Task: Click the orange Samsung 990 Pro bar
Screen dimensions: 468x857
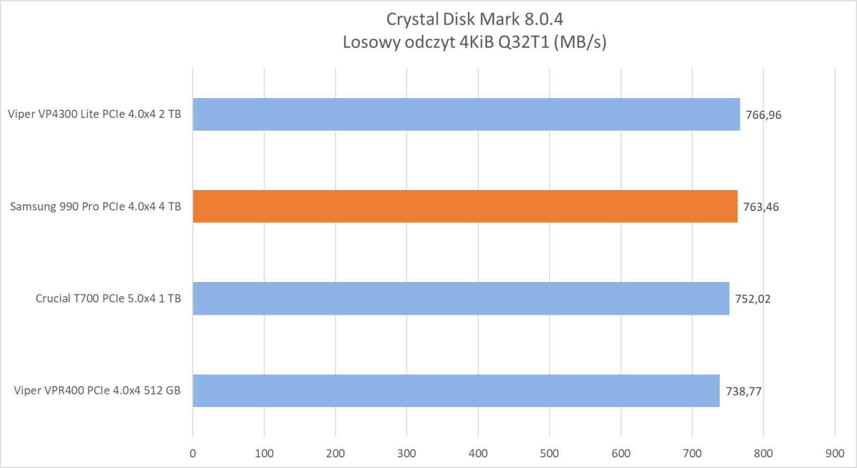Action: pyautogui.click(x=465, y=206)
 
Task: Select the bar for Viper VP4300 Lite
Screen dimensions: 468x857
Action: pyautogui.click(x=466, y=114)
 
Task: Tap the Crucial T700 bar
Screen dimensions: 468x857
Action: pyautogui.click(x=461, y=298)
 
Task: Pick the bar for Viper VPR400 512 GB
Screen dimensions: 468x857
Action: pyautogui.click(x=456, y=390)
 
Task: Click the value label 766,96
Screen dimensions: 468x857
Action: pyautogui.click(x=763, y=115)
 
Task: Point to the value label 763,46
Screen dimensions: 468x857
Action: pyautogui.click(x=761, y=207)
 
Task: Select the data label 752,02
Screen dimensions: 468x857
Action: pyautogui.click(x=753, y=299)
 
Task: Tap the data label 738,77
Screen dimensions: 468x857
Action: pyautogui.click(x=743, y=391)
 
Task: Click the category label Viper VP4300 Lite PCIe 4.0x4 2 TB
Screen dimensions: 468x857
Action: pyautogui.click(x=94, y=114)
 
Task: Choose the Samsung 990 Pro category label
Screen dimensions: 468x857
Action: pyautogui.click(x=95, y=207)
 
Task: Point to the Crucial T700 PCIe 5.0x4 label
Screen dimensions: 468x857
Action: pyautogui.click(x=108, y=299)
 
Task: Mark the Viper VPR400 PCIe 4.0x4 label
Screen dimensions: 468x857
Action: pyautogui.click(x=97, y=391)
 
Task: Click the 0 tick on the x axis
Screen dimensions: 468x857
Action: pyautogui.click(x=193, y=454)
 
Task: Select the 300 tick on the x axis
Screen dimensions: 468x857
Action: pyautogui.click(x=407, y=454)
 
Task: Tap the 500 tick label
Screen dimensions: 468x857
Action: pyautogui.click(x=550, y=454)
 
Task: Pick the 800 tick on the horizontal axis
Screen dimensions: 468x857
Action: pyautogui.click(x=763, y=454)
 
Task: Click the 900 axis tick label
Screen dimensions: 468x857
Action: pyautogui.click(x=835, y=454)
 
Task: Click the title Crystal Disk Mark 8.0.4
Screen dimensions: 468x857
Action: pyautogui.click(x=475, y=19)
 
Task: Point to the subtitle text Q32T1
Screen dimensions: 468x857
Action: pyautogui.click(x=524, y=42)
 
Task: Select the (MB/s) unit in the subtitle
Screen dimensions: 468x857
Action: pyautogui.click(x=580, y=42)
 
